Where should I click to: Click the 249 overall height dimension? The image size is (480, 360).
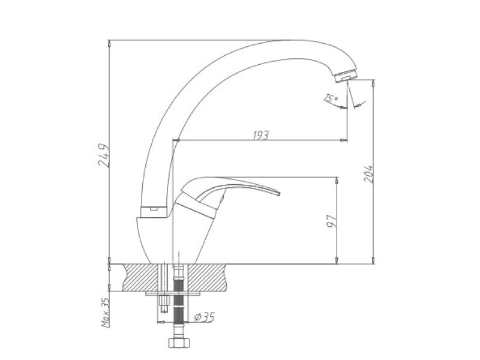[x=104, y=155]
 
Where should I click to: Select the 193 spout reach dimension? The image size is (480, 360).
[x=261, y=135]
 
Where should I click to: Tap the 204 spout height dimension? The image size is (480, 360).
[x=368, y=174]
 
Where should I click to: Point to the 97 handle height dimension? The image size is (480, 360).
[x=332, y=221]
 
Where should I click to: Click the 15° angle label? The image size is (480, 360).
[x=331, y=98]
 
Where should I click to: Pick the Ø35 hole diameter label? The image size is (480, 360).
[x=205, y=317]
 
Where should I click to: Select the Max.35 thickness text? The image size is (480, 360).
[x=106, y=313]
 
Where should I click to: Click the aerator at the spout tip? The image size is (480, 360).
[x=346, y=76]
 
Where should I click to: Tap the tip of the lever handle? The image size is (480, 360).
[x=279, y=193]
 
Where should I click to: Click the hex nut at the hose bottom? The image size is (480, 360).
[x=179, y=342]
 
